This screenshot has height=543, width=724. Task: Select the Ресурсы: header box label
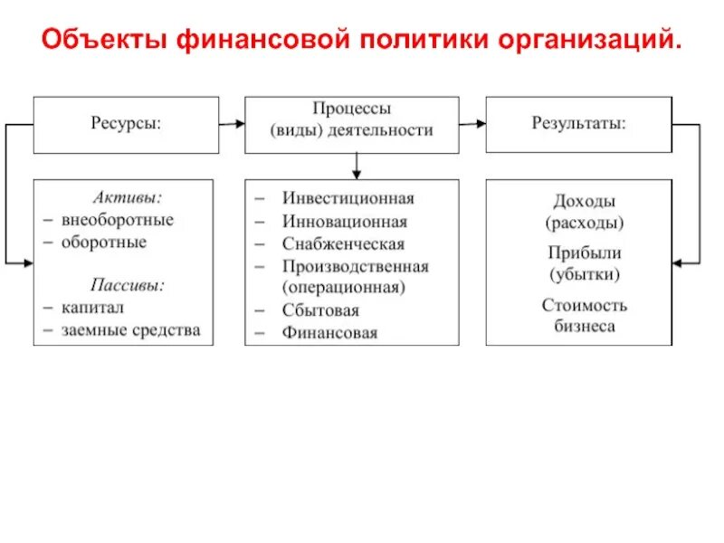click(x=126, y=124)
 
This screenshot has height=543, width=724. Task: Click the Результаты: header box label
click(x=578, y=124)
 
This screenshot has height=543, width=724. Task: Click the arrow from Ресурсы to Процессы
click(x=232, y=124)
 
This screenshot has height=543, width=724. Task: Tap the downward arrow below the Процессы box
click(x=357, y=165)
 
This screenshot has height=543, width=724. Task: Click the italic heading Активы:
click(x=128, y=195)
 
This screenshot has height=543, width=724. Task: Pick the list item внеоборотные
click(x=118, y=219)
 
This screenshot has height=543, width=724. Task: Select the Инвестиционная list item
click(x=348, y=198)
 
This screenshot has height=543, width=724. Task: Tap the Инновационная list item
click(x=344, y=222)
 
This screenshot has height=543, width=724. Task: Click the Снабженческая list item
click(x=343, y=244)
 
